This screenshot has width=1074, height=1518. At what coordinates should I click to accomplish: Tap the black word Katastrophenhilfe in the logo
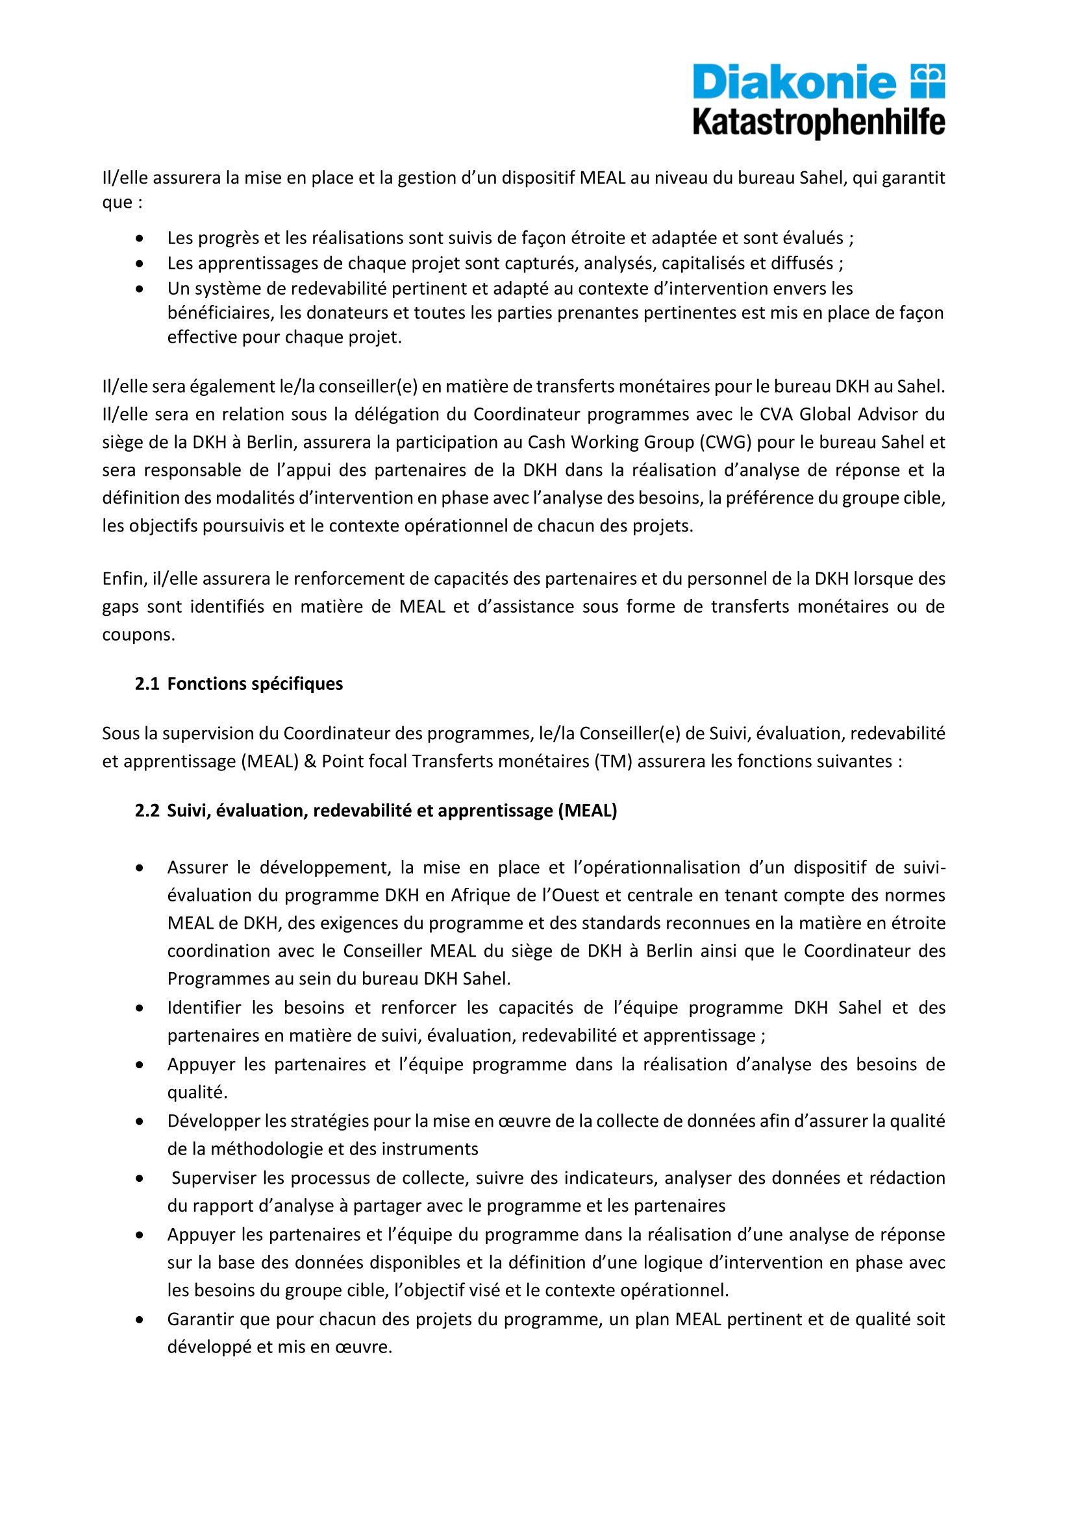point(819,123)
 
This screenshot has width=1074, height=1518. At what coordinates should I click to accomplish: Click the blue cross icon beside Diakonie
point(928,81)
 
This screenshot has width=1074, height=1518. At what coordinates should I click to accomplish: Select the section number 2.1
point(147,683)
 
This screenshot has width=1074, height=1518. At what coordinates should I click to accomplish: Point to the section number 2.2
point(147,811)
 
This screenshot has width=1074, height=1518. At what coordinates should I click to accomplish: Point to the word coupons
point(138,635)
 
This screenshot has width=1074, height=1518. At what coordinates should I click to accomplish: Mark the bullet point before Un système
point(140,289)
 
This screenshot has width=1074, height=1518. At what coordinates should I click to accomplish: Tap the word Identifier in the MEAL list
point(204,1008)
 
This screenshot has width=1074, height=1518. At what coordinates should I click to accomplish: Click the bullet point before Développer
point(140,1121)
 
